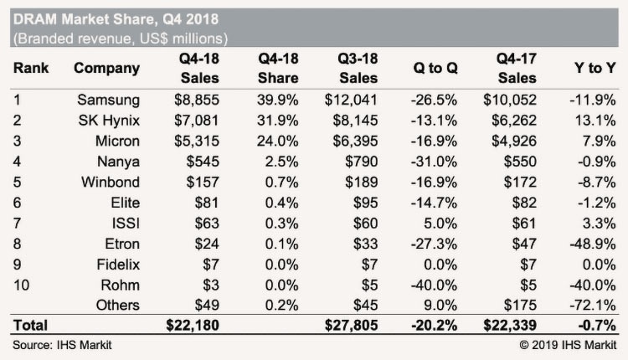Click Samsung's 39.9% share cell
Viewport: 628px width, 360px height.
pos(267,100)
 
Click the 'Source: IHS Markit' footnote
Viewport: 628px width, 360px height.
pos(61,343)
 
